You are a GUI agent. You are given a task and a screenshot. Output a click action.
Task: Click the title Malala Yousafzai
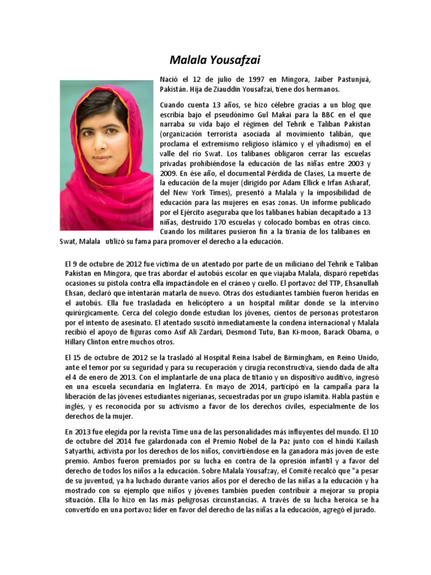tap(215, 60)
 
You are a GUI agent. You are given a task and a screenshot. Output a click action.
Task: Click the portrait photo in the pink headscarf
tap(106, 154)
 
